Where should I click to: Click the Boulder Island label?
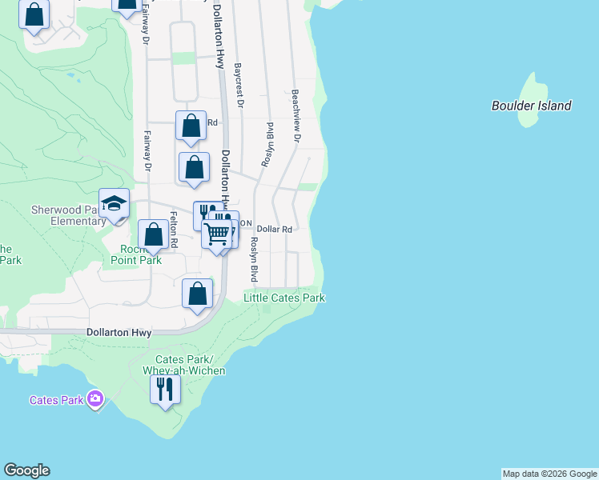click(x=531, y=106)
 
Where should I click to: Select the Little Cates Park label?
click(x=284, y=298)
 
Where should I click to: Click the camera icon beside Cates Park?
click(x=96, y=398)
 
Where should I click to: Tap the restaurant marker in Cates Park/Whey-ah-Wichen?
click(x=165, y=390)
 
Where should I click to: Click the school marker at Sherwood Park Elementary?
click(x=114, y=202)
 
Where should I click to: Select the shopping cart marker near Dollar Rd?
click(x=218, y=234)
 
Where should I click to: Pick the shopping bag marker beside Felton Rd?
click(x=153, y=234)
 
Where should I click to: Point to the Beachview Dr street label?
click(x=295, y=116)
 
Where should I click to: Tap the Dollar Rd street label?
click(x=273, y=229)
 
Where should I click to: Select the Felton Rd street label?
click(x=173, y=230)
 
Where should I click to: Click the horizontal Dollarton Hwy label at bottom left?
click(x=119, y=332)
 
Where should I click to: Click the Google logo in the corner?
click(x=26, y=470)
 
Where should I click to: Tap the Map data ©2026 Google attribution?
click(x=549, y=474)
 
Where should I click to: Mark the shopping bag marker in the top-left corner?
click(x=34, y=15)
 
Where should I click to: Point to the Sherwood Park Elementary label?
click(x=67, y=215)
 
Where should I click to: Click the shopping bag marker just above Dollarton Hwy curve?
click(x=197, y=294)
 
